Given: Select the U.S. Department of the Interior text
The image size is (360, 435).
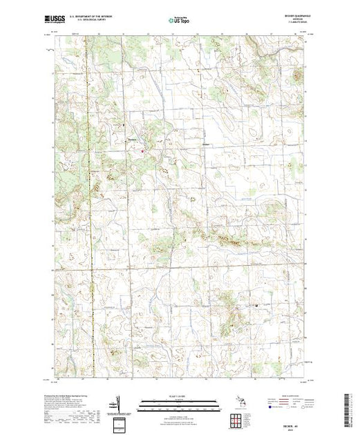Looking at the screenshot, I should pos(93,15).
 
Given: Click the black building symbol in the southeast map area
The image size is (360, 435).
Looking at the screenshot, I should pos(259,306).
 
